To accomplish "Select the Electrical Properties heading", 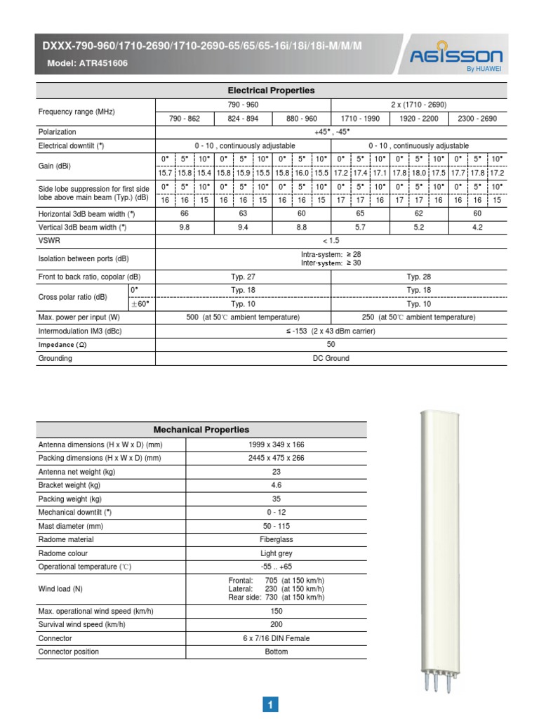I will point(271,91).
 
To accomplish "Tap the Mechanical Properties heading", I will point(201,430).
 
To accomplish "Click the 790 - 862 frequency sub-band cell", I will point(184,119).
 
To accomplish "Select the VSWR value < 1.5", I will point(331,240).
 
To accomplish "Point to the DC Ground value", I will point(331,358).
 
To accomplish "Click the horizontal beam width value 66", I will point(185,213).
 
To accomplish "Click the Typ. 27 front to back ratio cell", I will point(243,277).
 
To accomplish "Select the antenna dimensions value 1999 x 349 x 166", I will point(277,444).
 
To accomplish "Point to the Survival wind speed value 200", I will point(277,624).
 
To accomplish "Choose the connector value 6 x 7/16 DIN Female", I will point(277,638).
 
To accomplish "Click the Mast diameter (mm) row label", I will point(70,527).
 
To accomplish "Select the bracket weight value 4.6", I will point(277,485).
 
